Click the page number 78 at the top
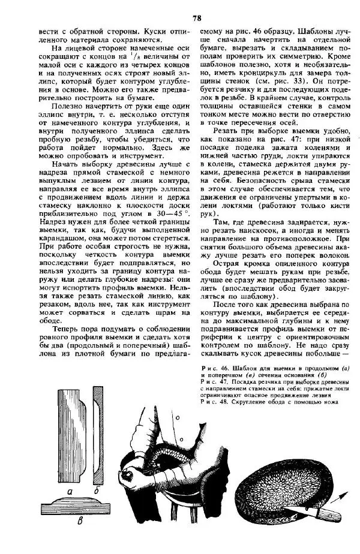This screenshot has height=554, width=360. pyautogui.click(x=196, y=17)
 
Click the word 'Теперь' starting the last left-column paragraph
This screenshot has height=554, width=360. pyautogui.click(x=68, y=329)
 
